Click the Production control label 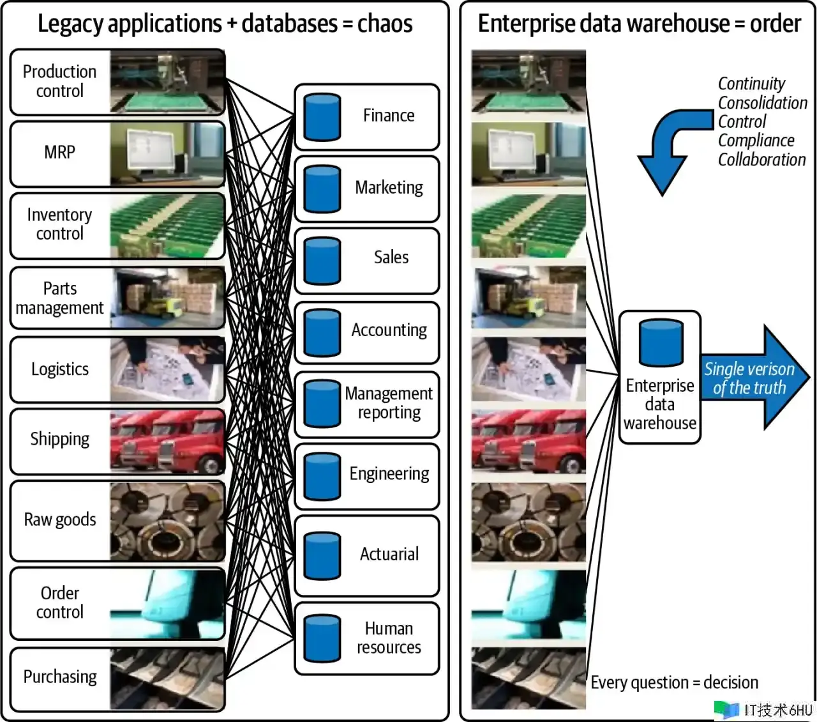(x=59, y=81)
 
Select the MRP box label (x=59, y=153)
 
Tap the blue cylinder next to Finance (x=322, y=117)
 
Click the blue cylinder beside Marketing (x=322, y=189)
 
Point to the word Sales (x=391, y=257)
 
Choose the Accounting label (x=389, y=330)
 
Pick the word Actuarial (x=389, y=554)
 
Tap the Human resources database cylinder (x=322, y=638)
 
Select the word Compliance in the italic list (x=756, y=141)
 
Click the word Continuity (x=751, y=84)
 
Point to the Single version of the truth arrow (x=753, y=378)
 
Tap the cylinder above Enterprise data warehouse (x=661, y=342)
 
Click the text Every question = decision (x=674, y=682)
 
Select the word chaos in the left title (x=385, y=24)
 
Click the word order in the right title (x=775, y=24)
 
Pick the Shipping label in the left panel (x=59, y=440)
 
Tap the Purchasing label (x=60, y=677)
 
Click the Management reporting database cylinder (x=322, y=404)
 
